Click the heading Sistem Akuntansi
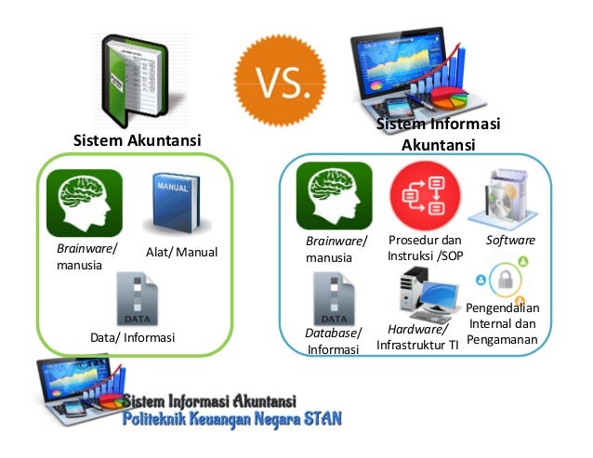(137, 140)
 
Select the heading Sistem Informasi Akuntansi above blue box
(438, 135)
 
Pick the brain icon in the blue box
(334, 195)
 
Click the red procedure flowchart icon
(420, 196)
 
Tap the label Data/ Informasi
(132, 337)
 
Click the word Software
(510, 241)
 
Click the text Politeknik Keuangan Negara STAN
(233, 419)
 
